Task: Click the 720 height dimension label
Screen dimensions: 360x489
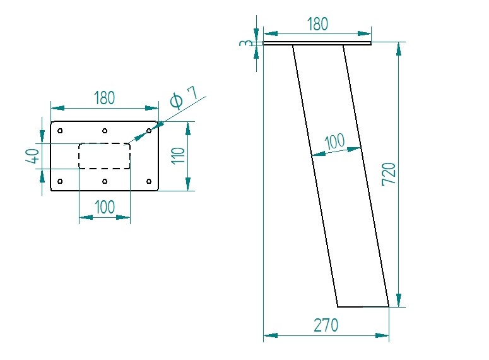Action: [389, 174]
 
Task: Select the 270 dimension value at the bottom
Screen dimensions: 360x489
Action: [326, 325]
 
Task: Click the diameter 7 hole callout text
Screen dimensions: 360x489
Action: [184, 98]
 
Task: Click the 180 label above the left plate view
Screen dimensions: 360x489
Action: [104, 98]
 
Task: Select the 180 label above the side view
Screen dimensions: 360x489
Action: [317, 24]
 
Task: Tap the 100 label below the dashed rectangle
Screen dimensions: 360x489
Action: [104, 207]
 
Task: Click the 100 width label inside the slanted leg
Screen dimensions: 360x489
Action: [334, 141]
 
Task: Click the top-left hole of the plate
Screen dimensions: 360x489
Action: [60, 131]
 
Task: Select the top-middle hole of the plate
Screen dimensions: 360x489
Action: [104, 131]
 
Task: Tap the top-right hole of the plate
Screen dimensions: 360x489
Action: [149, 131]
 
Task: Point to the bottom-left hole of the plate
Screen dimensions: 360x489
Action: [60, 182]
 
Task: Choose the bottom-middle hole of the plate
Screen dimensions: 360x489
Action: [104, 182]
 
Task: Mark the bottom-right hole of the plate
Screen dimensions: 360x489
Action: [149, 182]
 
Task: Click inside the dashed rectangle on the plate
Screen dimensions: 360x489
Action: [104, 156]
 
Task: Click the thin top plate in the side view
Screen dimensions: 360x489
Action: [317, 43]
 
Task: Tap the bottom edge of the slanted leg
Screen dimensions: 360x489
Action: [363, 306]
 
